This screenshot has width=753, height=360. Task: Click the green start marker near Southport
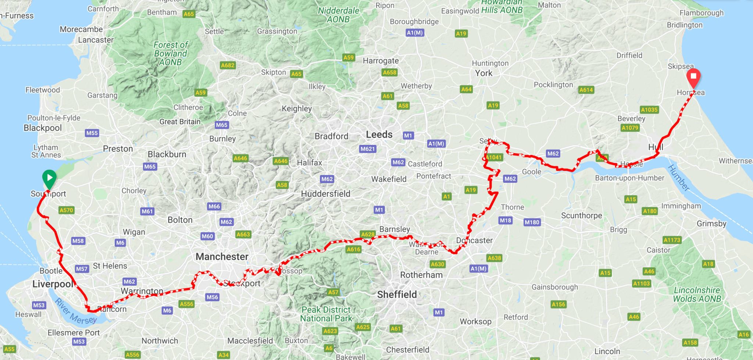coord(49,178)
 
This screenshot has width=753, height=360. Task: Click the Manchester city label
coord(222,257)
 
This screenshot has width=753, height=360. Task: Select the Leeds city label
coord(379,135)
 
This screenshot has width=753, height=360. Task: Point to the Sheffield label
coord(397,295)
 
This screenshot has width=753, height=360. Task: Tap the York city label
coord(483,73)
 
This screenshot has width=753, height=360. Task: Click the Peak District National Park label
coord(326,314)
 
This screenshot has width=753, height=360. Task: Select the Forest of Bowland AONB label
coord(170,54)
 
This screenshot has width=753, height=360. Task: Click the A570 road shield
coord(66,210)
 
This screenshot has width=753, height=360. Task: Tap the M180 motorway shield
coord(532,222)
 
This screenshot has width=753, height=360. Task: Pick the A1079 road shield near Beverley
coord(630,128)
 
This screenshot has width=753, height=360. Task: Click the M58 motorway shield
coord(78,241)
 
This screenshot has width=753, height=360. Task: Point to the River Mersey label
coord(76,312)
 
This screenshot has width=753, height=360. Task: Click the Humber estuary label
coord(678,178)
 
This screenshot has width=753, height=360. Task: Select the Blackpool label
coord(43,128)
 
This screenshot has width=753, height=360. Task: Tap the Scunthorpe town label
coord(581,215)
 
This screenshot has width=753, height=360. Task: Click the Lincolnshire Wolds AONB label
coord(697,295)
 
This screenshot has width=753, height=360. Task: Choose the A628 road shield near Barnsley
coord(367,234)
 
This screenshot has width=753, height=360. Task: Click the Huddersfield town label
coord(325,194)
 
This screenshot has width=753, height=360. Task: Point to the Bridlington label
coord(685,25)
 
